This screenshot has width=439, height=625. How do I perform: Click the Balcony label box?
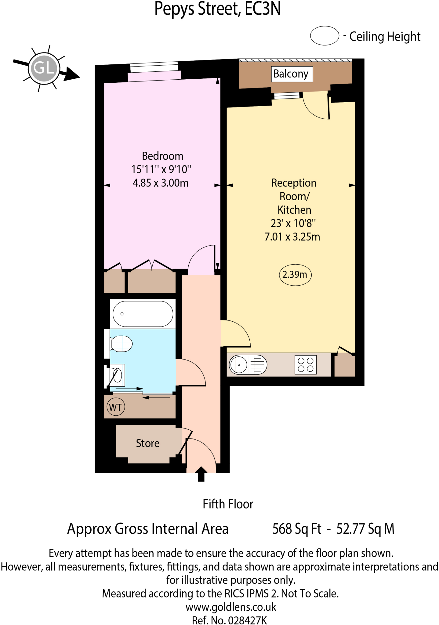coord(292,74)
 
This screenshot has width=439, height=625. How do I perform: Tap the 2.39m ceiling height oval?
coord(295,275)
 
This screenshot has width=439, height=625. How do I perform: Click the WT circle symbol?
coord(116,407)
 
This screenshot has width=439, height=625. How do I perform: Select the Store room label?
coord(147,443)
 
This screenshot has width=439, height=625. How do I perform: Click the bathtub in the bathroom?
coord(143,314)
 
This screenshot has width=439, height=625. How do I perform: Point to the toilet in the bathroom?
coord(122,344)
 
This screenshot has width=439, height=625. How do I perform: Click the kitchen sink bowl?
coord(239,364)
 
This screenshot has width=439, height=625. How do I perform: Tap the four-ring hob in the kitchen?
coord(306,365)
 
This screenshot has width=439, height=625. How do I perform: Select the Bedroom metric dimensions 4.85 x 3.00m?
coord(161,183)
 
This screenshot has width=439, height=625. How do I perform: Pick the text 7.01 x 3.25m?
coord(292,237)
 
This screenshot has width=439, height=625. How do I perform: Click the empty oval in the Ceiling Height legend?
coord(325,36)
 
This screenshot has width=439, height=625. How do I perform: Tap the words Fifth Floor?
coord(228,504)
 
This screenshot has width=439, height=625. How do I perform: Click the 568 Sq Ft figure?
coord(296,529)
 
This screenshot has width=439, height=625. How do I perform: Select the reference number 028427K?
coord(247,620)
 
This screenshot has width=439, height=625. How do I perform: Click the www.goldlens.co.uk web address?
coord(231,607)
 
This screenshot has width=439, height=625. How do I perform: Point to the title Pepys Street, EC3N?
coord(217,9)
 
